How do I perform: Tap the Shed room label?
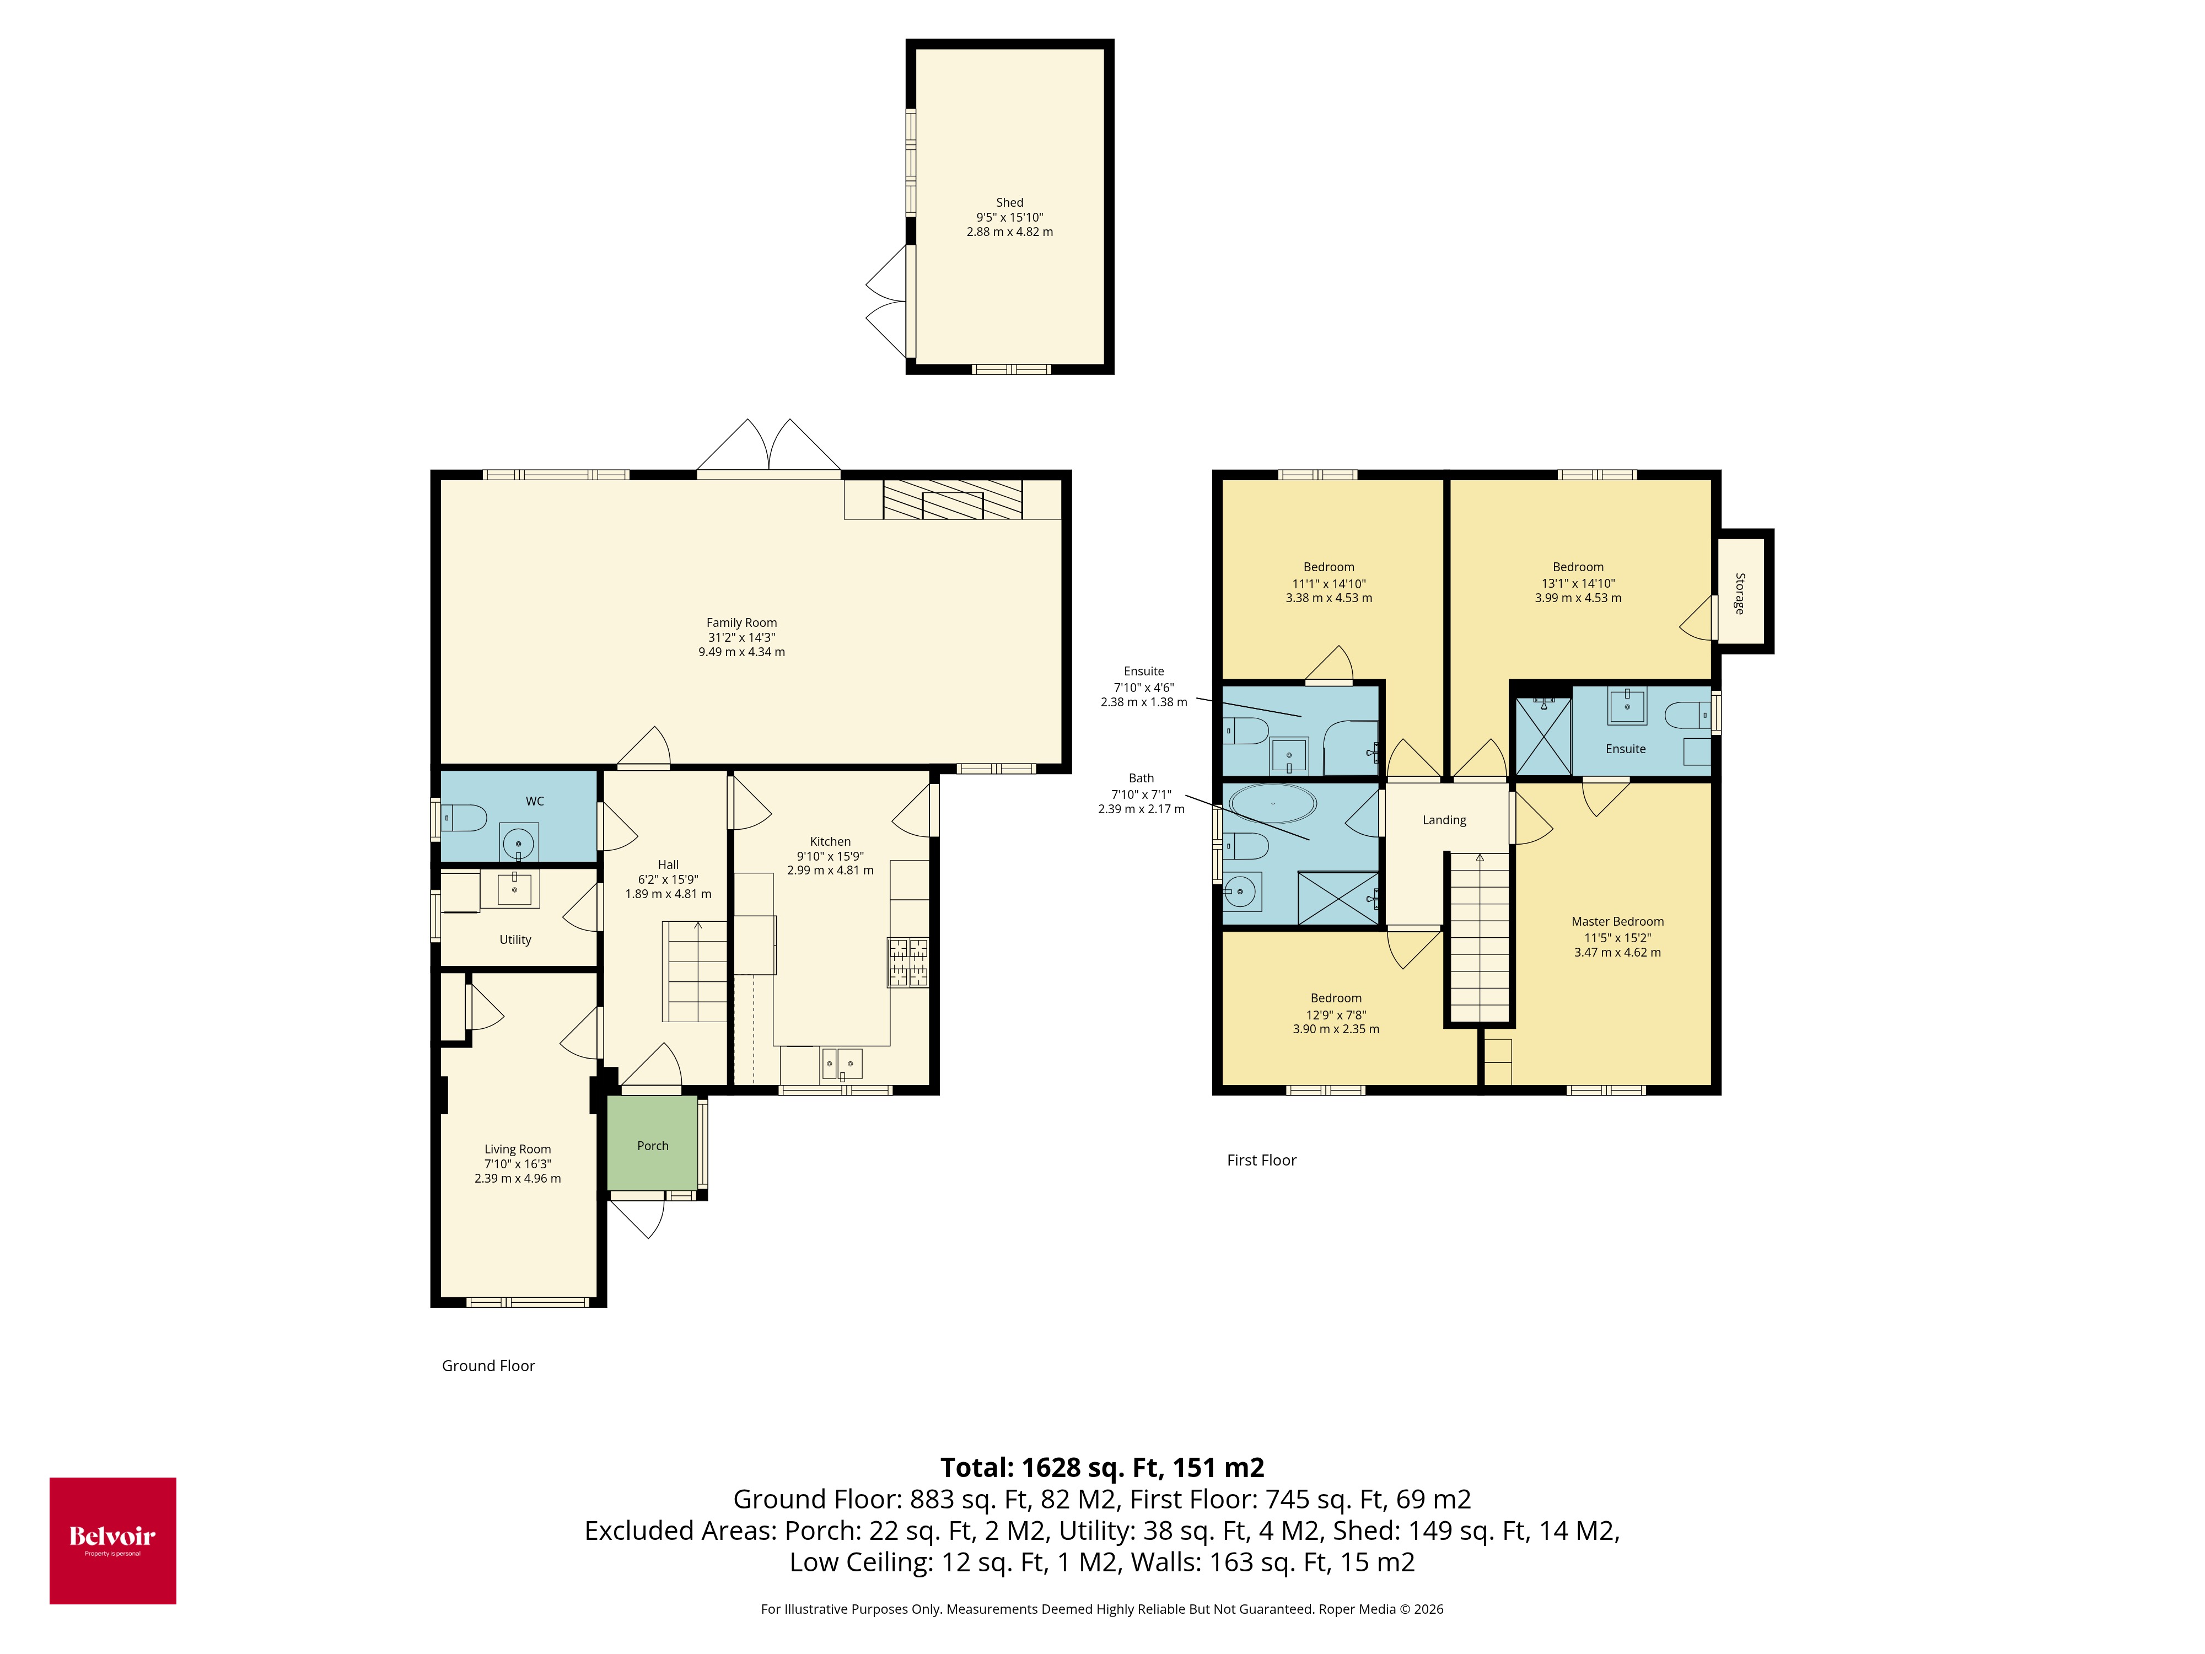coord(1009,202)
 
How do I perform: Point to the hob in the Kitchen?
coord(907,962)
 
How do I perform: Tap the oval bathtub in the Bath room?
coord(1272,803)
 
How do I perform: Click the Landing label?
coord(1443,819)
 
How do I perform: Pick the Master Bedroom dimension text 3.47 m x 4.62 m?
coord(1617,952)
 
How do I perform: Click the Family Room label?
coord(741,622)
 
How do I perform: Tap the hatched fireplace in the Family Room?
coord(952,498)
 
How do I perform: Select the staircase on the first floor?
coord(1480,937)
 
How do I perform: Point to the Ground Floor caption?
coord(488,1366)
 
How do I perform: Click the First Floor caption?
coord(1261,1159)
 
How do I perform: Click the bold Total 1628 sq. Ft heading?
coord(1101,1468)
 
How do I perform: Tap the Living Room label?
coord(518,1148)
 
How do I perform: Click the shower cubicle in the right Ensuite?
coord(1542,736)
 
